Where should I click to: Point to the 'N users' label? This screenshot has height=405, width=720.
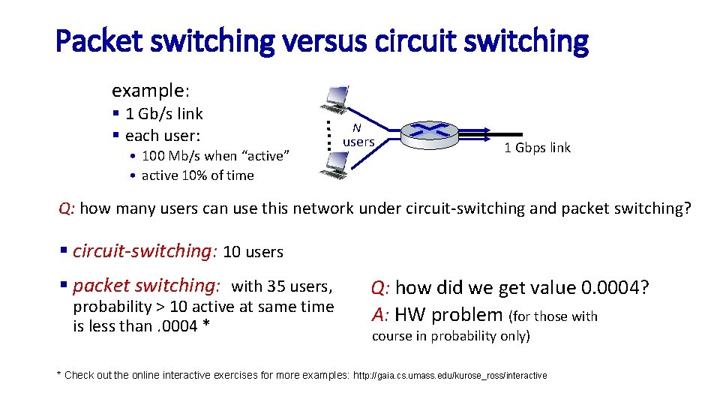(x=358, y=135)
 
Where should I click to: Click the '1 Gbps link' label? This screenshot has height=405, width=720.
(x=537, y=148)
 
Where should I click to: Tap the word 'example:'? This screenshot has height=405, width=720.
(x=150, y=91)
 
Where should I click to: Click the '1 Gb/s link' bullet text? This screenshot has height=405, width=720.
(x=164, y=114)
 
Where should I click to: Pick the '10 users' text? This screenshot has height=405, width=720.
(x=253, y=252)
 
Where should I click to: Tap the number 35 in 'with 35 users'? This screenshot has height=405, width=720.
(x=274, y=286)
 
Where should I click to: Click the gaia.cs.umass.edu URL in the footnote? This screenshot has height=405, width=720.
(x=450, y=375)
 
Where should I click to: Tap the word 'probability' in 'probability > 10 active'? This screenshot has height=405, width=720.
(x=112, y=307)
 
